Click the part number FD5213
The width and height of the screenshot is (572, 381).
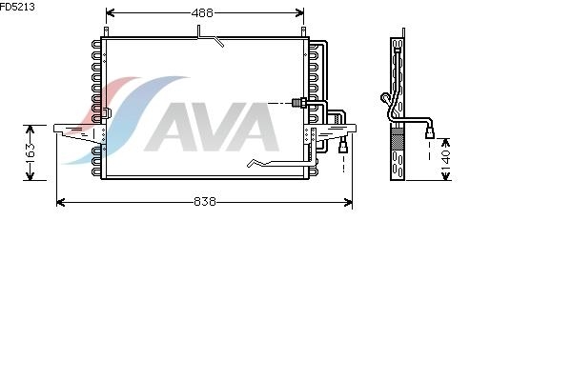(x=17, y=7)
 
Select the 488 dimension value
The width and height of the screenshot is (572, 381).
(x=202, y=13)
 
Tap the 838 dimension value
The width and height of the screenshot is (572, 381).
(x=205, y=202)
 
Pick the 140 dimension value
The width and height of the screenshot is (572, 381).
(x=446, y=159)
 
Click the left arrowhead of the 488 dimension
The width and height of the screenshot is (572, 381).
(x=110, y=13)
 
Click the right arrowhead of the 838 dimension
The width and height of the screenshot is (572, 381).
(x=348, y=202)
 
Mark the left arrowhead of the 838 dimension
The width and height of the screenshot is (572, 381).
(x=61, y=202)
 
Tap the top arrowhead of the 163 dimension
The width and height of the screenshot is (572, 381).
(x=30, y=130)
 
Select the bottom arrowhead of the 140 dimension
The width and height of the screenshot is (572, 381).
(x=446, y=176)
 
